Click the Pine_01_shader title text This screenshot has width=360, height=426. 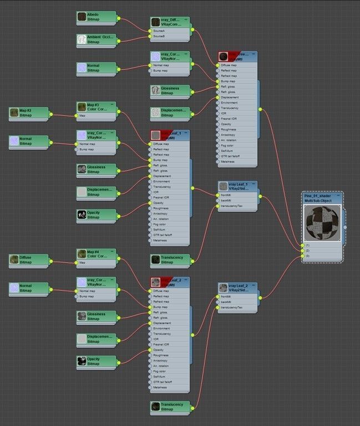tap(318, 196)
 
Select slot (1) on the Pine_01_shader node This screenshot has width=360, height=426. tap(307, 245)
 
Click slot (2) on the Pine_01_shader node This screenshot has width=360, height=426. tap(307, 251)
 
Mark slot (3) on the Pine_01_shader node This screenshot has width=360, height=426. tap(307, 256)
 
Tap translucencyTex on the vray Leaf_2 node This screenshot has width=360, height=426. tap(232, 307)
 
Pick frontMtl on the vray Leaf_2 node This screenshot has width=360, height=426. tap(229, 297)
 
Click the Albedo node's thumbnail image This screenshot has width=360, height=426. tap(82, 17)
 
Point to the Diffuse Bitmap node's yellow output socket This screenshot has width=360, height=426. tap(50, 260)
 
